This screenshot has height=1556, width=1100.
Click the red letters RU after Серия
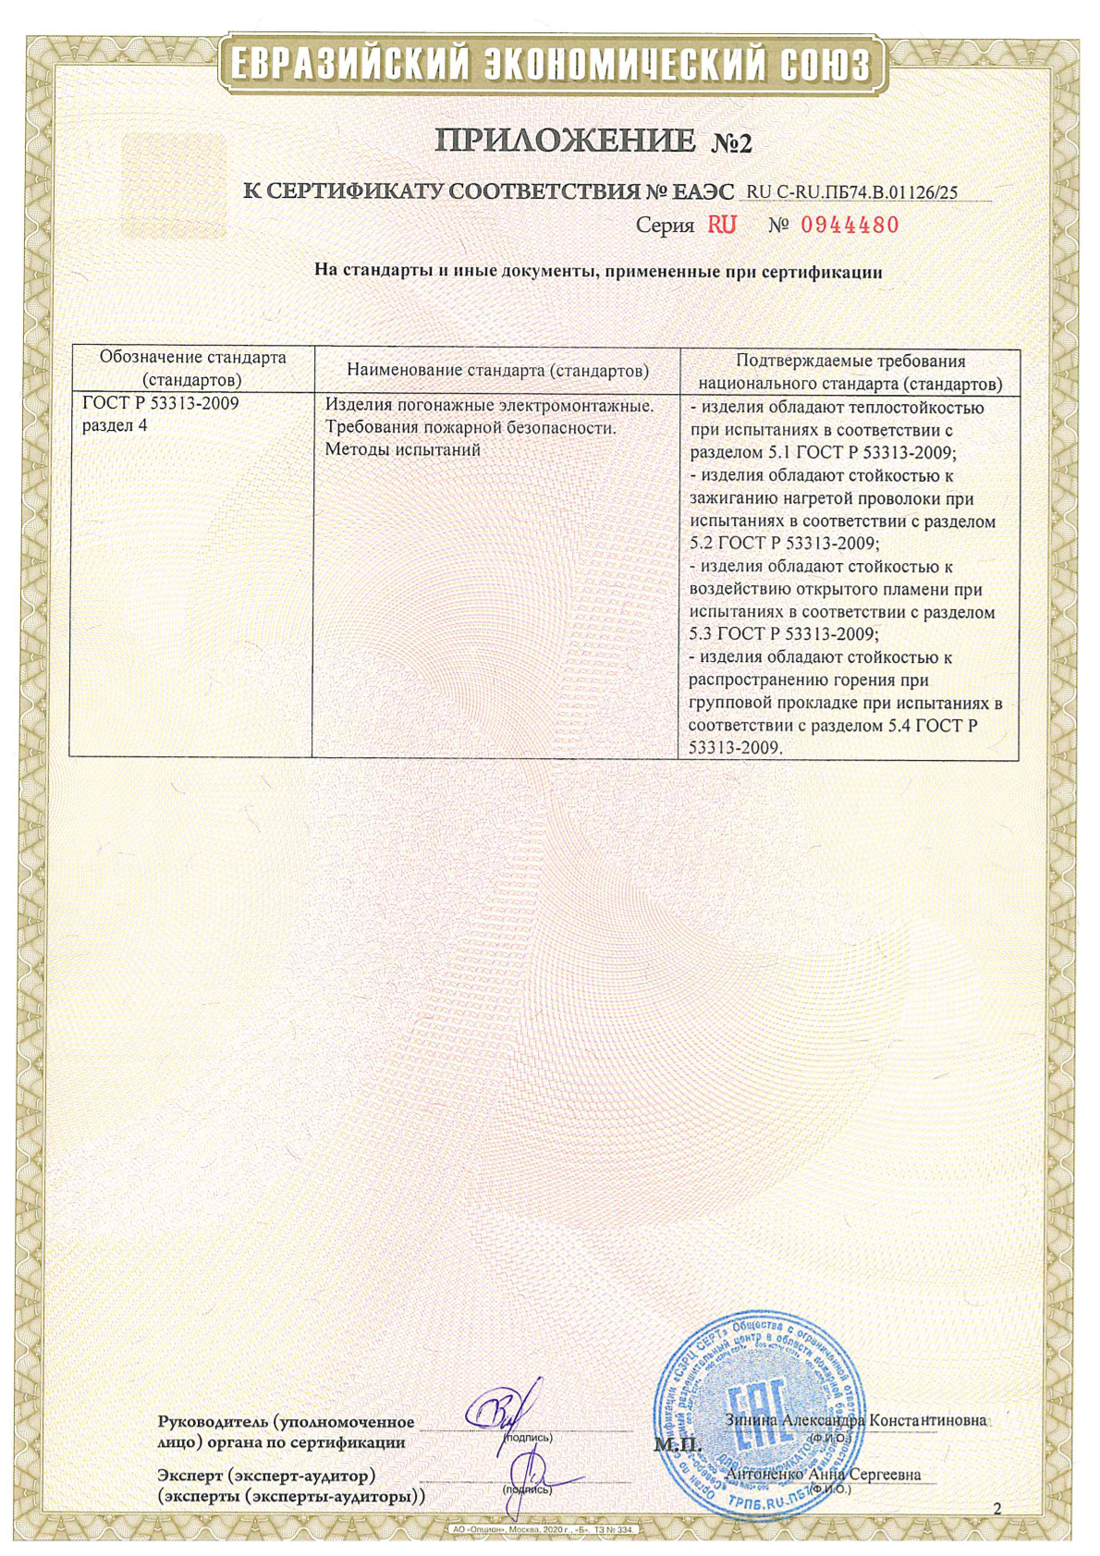[722, 225]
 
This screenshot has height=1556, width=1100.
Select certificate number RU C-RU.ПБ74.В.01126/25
[851, 192]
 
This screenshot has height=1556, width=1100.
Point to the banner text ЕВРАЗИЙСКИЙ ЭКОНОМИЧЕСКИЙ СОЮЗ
[549, 66]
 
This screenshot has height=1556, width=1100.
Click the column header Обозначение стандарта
[192, 358]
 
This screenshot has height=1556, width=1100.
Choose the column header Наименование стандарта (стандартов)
[497, 371]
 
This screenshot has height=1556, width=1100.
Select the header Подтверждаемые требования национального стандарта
[849, 372]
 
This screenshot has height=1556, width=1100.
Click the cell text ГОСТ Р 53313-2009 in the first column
[161, 404]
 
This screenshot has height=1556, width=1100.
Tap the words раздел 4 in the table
[115, 426]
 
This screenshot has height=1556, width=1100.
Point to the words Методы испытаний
[403, 450]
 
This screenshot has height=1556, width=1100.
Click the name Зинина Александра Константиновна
[855, 1420]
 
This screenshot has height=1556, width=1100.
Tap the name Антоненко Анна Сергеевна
[825, 1475]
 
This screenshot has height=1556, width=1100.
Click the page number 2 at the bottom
[996, 1509]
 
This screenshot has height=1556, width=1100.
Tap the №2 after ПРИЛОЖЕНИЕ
[732, 142]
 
